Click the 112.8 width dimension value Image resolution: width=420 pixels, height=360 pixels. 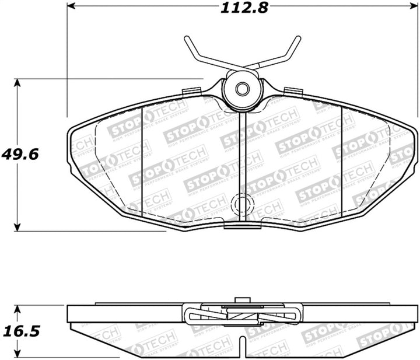tap(241, 8)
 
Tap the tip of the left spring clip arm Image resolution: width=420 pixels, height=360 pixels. tap(185, 38)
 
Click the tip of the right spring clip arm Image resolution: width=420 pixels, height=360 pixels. tap(299, 38)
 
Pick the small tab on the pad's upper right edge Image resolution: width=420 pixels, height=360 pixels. tap(292, 91)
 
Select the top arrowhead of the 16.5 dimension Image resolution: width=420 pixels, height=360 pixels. tap(19, 308)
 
